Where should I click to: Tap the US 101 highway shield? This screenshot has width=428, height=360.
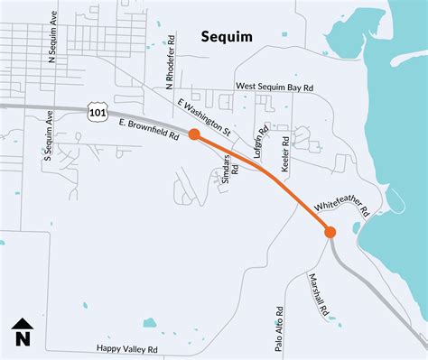coord(95,112)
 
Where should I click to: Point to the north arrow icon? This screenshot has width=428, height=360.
coord(22,325)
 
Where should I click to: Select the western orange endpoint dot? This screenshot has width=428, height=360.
coord(194,134)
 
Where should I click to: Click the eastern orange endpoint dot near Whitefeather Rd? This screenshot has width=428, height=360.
coord(330,232)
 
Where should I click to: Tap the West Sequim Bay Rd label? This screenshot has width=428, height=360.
coord(274,87)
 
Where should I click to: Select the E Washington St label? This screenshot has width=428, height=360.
coord(205,118)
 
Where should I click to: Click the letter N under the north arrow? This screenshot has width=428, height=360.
coord(22,340)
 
